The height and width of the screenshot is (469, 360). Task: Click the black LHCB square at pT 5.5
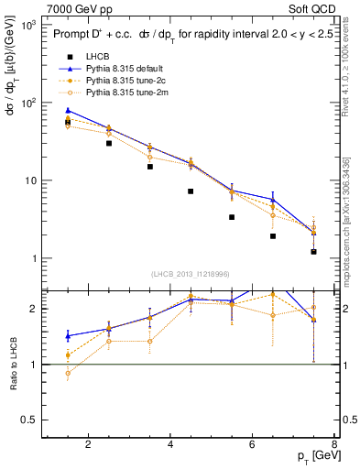(x=232, y=217)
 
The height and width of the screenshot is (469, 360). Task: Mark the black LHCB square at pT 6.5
(x=273, y=236)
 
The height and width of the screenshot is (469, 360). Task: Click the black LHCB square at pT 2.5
(x=109, y=143)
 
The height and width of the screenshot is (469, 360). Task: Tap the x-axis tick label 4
(x=170, y=445)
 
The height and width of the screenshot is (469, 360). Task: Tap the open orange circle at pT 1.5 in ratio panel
(x=68, y=374)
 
